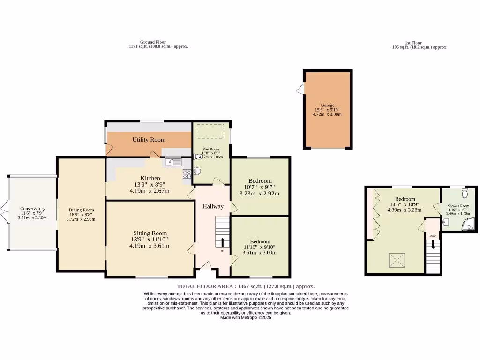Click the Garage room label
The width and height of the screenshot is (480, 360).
[x=328, y=105]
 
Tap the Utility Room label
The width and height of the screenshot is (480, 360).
[x=149, y=140]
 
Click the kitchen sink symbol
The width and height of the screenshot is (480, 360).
[x=173, y=162]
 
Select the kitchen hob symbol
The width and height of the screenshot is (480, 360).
[x=187, y=173]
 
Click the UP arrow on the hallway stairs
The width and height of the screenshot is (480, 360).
[x=223, y=242]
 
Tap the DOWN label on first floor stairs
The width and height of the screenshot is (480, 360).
[x=433, y=236]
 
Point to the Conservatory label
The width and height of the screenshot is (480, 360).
[x=32, y=209]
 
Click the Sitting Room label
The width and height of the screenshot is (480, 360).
[x=149, y=233]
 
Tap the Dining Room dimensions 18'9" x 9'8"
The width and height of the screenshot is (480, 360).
[x=82, y=215]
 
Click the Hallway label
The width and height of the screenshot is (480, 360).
[x=213, y=206]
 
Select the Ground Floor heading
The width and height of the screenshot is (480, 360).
[x=153, y=42]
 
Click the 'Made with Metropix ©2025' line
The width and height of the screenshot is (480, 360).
[x=246, y=317]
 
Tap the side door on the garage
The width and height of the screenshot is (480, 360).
[x=300, y=88]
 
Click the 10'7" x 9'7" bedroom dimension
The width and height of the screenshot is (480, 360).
[x=259, y=187]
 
